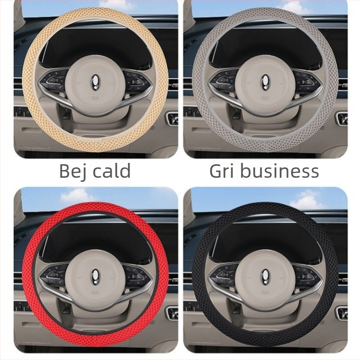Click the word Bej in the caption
click(x=73, y=171)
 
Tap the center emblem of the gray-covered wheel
click(x=265, y=82)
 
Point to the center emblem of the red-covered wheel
click(x=95, y=274)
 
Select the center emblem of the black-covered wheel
click(x=265, y=274)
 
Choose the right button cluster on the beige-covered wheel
click(x=135, y=81)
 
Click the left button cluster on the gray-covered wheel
click(x=224, y=81)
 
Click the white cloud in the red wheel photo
click(x=76, y=196)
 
